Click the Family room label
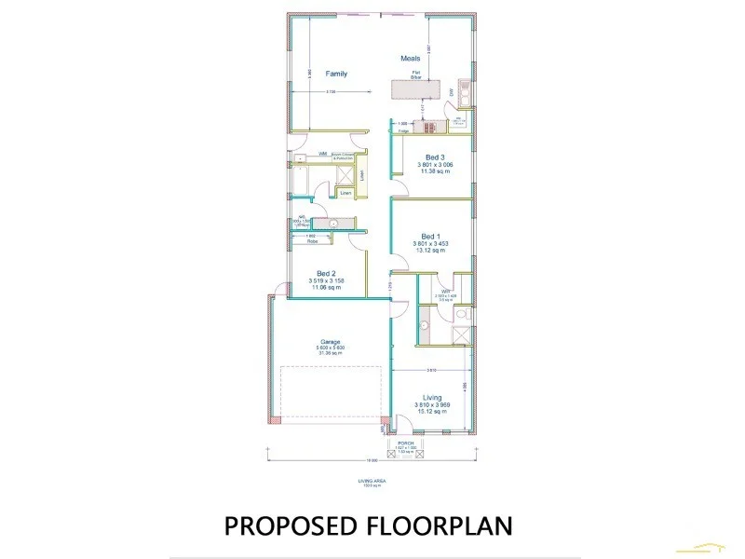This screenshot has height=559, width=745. [x=336, y=74]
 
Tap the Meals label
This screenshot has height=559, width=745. [x=411, y=59]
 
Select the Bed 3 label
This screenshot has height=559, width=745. [x=435, y=157]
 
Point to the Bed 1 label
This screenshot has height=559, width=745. [x=429, y=236]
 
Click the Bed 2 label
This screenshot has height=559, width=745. [x=326, y=273]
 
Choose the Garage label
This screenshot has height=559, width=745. [x=332, y=341]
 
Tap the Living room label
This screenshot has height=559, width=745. [x=431, y=398]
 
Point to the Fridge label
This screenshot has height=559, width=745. [x=403, y=131]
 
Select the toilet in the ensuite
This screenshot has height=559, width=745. [x=424, y=325]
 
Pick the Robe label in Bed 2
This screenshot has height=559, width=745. [x=314, y=241]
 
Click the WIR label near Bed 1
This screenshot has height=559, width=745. [x=446, y=292]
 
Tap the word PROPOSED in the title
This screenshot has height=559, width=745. [x=291, y=525]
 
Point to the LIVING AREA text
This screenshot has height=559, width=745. [x=372, y=481]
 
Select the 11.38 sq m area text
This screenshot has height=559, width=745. [x=436, y=171]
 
